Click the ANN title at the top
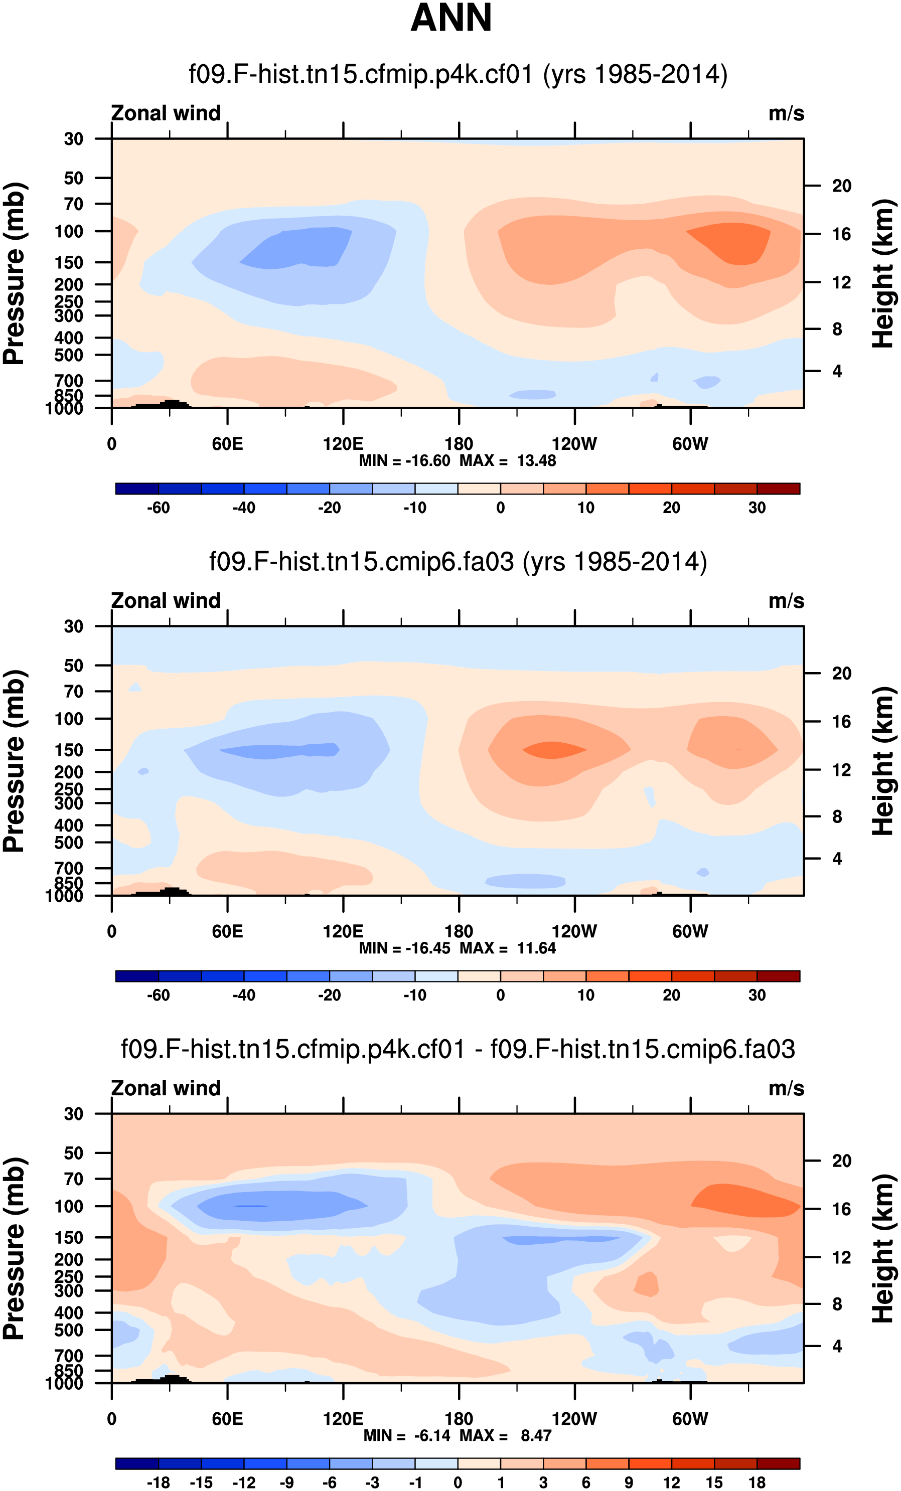[451, 18]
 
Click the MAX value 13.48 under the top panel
[536, 460]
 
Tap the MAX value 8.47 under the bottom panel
[536, 1435]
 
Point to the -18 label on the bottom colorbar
[158, 1482]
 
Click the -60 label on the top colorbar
[158, 508]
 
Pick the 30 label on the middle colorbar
[757, 995]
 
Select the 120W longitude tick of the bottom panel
[574, 1418]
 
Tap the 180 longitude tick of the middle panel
[459, 931]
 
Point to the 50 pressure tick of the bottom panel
[74, 1153]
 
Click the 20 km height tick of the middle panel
[842, 673]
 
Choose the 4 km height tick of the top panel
[837, 371]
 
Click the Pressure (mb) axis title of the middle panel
[15, 761]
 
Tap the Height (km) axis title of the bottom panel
[883, 1248]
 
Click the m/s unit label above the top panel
[786, 113]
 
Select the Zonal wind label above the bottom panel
[166, 1088]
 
